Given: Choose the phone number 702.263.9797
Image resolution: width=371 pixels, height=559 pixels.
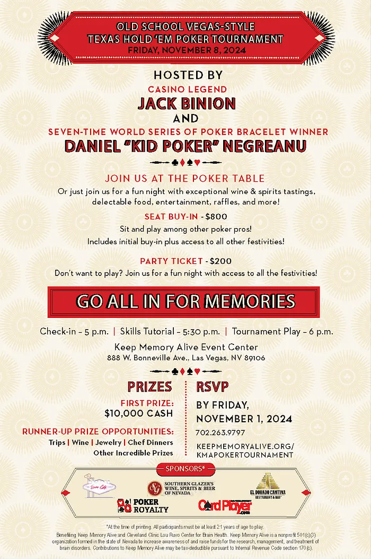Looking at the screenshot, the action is (x=219, y=433).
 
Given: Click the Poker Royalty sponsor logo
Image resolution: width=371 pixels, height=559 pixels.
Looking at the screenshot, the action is (x=143, y=506).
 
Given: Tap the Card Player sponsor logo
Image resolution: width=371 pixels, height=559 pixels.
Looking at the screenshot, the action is (x=225, y=506).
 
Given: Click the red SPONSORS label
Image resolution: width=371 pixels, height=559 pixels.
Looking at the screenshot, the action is (x=185, y=468).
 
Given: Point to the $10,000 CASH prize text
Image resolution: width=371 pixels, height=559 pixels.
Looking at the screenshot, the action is (x=138, y=413).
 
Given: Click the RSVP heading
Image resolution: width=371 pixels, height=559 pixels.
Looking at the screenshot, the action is (x=213, y=386).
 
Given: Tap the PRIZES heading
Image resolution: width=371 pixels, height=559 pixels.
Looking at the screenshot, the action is (x=149, y=386).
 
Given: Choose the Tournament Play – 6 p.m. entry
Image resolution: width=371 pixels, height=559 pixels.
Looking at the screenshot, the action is (x=282, y=332).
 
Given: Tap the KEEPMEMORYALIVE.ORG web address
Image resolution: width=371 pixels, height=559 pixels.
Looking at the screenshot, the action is (x=244, y=446).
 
